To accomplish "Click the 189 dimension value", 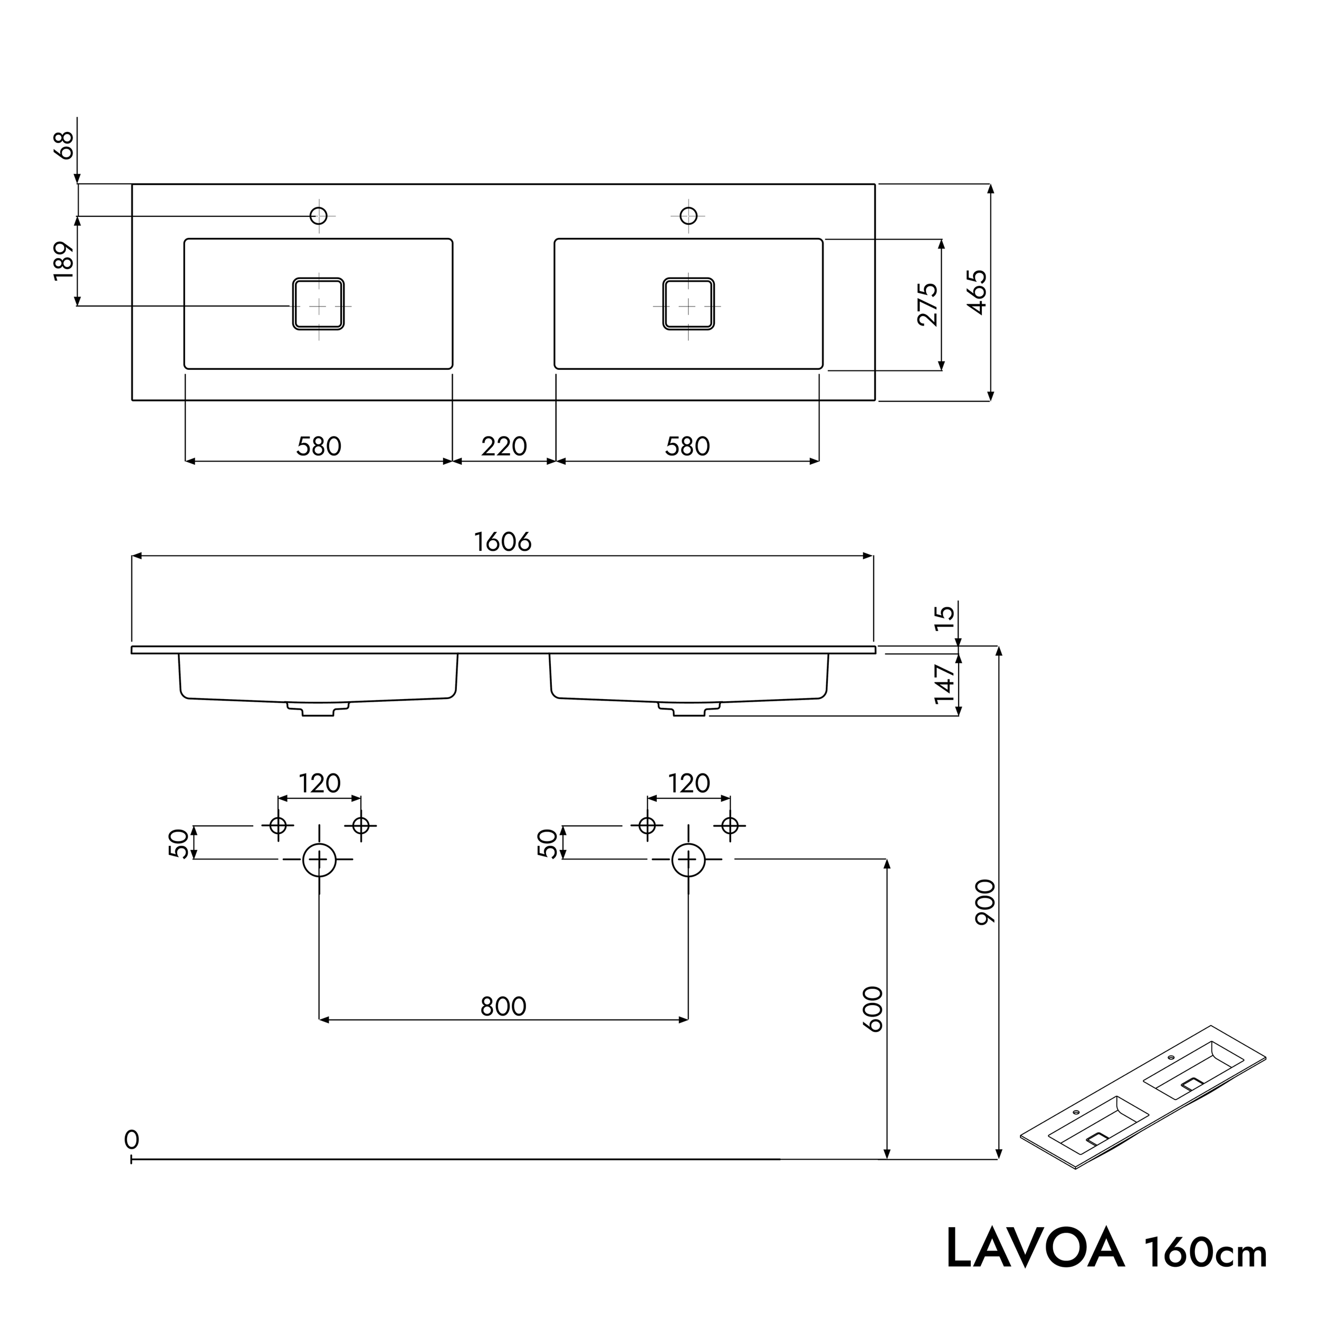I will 63,260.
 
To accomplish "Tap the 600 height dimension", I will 873,1009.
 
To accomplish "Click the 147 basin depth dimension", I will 945,684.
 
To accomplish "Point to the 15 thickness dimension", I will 945,617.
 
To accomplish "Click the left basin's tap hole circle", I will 319,216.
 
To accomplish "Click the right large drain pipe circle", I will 688,859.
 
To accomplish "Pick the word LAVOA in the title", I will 1035,1249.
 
